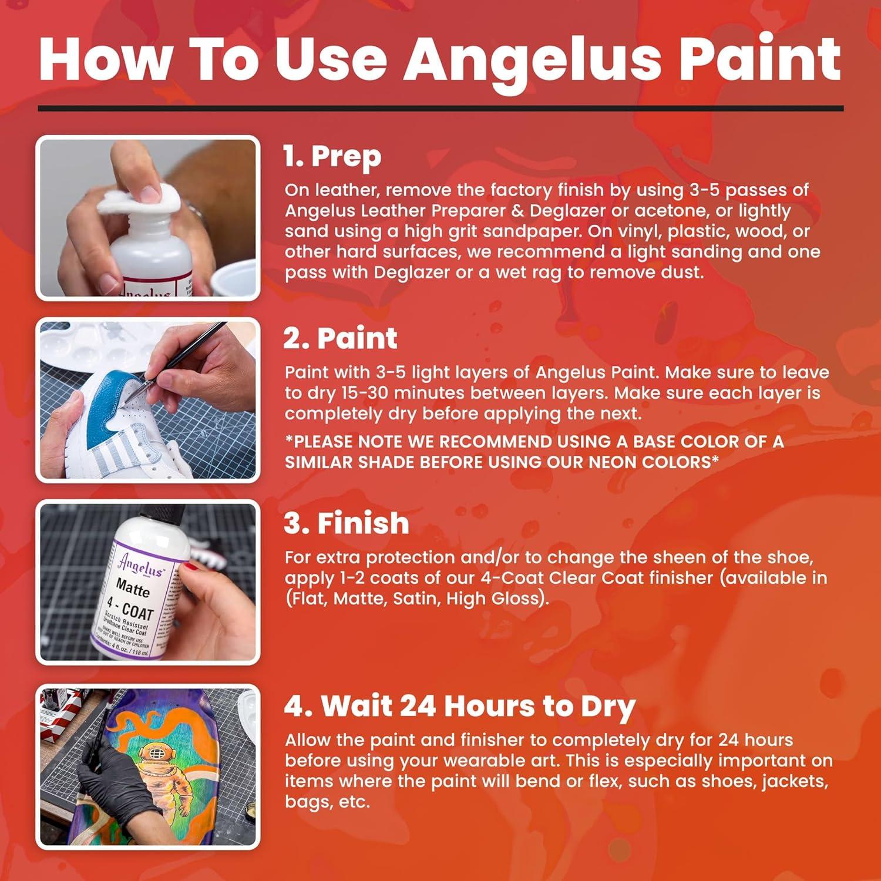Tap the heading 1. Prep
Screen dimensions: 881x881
(x=332, y=157)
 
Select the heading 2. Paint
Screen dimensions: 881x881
(x=340, y=339)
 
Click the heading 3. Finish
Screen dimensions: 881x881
(x=347, y=523)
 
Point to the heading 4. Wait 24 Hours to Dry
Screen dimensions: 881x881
(x=460, y=707)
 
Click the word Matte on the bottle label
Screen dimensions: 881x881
(x=133, y=587)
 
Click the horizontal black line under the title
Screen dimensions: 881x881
(x=441, y=108)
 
